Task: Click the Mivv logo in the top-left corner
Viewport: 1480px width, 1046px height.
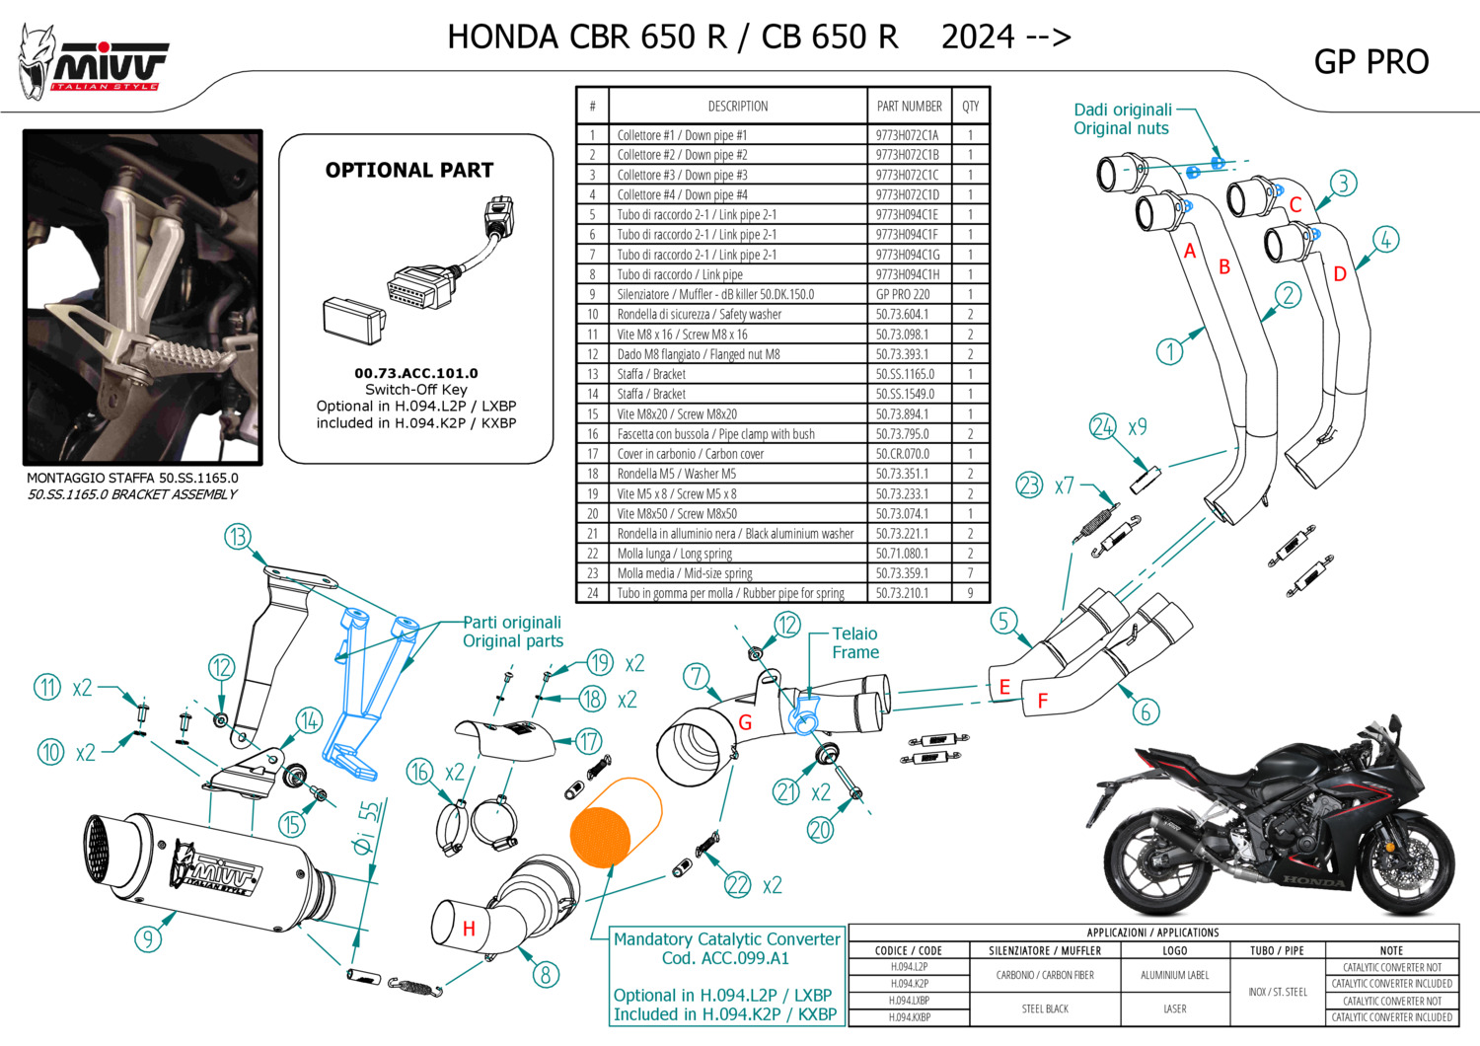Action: pyautogui.click(x=94, y=62)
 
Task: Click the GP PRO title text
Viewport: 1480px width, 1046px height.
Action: pyautogui.click(x=1370, y=62)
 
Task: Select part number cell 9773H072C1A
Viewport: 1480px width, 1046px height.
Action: pyautogui.click(x=907, y=135)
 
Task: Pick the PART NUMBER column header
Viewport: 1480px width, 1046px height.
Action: pyautogui.click(x=909, y=107)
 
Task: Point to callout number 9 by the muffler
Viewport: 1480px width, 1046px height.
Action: pyautogui.click(x=148, y=937)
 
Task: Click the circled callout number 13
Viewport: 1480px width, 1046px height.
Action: pyautogui.click(x=238, y=537)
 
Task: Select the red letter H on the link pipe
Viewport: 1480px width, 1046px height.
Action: pyautogui.click(x=469, y=929)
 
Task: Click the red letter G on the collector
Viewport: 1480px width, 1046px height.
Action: pyautogui.click(x=745, y=723)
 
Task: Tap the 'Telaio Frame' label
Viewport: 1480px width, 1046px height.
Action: pyautogui.click(x=854, y=642)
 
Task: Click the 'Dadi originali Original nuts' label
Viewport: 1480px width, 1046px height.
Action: pyautogui.click(x=1123, y=118)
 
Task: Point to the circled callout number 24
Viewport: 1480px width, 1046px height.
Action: pyautogui.click(x=1102, y=426)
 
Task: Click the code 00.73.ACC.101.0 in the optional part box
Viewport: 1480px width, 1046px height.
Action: pyautogui.click(x=415, y=373)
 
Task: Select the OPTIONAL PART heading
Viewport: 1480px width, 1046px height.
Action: pyautogui.click(x=408, y=170)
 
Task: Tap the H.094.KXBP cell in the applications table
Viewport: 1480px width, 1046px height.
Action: pyautogui.click(x=909, y=1017)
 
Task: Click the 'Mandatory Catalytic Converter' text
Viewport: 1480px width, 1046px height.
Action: pyautogui.click(x=726, y=939)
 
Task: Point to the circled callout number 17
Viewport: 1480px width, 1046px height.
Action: pyautogui.click(x=589, y=741)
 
